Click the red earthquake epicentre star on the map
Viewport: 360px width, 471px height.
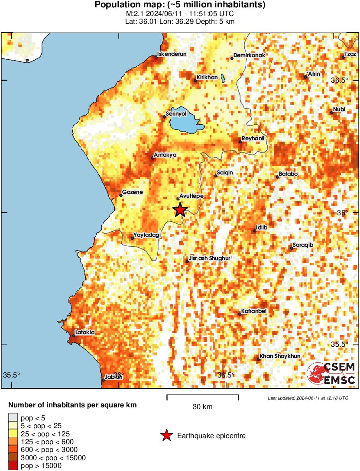(180, 210)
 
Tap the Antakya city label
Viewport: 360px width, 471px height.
(165, 154)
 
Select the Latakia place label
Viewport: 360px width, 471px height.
(84, 332)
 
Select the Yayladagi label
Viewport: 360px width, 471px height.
(147, 235)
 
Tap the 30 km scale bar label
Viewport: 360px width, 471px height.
(202, 407)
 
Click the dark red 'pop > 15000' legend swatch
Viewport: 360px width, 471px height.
(13, 466)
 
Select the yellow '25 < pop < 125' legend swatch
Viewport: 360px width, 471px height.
(13, 434)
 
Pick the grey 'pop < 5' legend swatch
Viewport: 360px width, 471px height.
(13, 418)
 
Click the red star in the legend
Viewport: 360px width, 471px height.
(166, 436)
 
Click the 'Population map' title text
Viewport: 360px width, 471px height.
(180, 5)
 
